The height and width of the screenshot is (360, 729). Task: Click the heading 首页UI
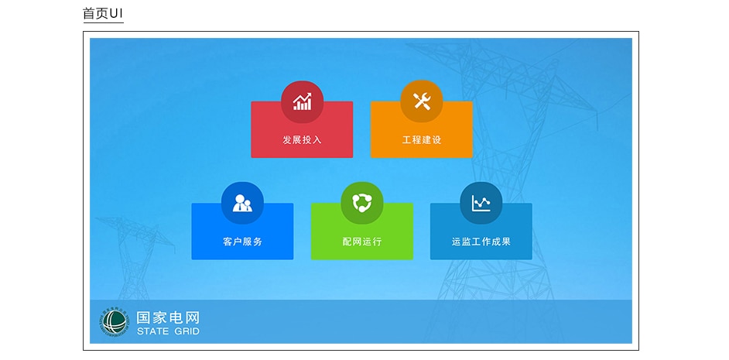(x=103, y=13)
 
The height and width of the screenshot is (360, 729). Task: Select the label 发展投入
(x=302, y=139)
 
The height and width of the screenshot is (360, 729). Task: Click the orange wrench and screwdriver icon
(x=422, y=101)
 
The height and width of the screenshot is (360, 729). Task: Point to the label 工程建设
(x=422, y=139)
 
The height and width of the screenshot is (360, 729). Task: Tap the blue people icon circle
(x=242, y=204)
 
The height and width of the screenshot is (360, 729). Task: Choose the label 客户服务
(x=242, y=242)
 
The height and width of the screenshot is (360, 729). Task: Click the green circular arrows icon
(x=362, y=204)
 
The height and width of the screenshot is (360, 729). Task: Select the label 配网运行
(x=362, y=242)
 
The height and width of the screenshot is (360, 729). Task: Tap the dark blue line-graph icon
(x=481, y=204)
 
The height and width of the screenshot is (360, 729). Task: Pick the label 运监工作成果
(x=481, y=242)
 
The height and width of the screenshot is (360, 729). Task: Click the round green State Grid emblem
(x=115, y=322)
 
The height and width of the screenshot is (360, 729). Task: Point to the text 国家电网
(x=168, y=317)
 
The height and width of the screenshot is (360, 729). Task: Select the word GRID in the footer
(x=187, y=331)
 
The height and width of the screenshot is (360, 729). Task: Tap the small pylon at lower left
(x=135, y=255)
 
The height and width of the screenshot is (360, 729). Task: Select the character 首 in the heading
(x=89, y=13)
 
